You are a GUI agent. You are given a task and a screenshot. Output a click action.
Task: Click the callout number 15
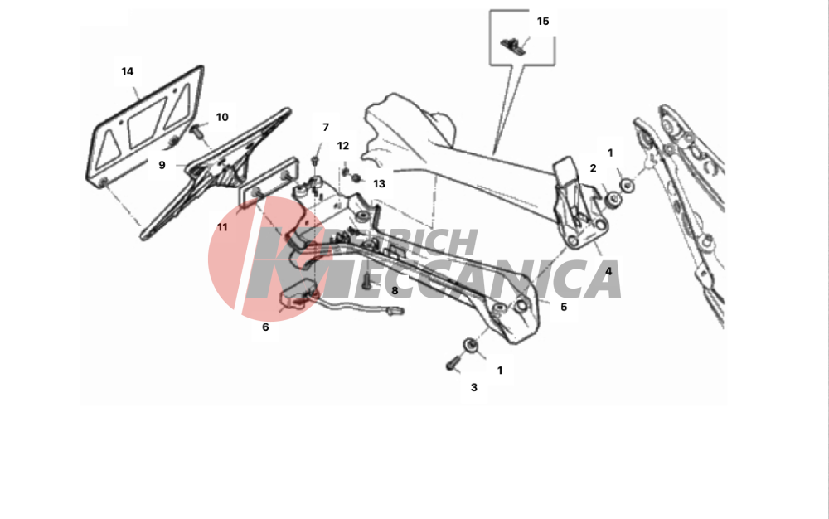tap(542, 21)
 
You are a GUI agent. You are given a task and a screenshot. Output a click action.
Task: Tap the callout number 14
tap(127, 71)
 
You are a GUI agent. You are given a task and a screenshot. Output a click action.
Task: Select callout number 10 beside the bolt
tap(222, 117)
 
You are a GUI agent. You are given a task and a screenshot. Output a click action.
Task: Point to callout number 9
tap(162, 165)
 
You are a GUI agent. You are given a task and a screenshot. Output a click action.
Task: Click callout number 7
tap(326, 127)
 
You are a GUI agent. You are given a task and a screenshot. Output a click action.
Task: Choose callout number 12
tap(343, 145)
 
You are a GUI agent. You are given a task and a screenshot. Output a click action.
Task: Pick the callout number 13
tap(379, 183)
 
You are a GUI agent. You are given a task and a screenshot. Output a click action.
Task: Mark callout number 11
tap(222, 226)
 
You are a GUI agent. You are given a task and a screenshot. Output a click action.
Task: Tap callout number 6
tap(265, 327)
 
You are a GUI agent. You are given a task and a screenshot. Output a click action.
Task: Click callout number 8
tap(395, 290)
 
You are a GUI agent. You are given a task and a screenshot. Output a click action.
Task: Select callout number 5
tap(564, 307)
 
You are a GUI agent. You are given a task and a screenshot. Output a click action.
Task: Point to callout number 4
tap(608, 271)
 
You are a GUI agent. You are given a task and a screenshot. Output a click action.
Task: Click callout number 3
tap(473, 387)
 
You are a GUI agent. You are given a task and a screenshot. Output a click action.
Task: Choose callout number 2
tap(593, 168)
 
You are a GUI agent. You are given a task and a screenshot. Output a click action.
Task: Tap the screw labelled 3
tap(452, 364)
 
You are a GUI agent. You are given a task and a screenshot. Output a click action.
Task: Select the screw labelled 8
tap(366, 282)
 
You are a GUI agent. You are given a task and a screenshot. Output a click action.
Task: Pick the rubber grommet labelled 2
tap(613, 200)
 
